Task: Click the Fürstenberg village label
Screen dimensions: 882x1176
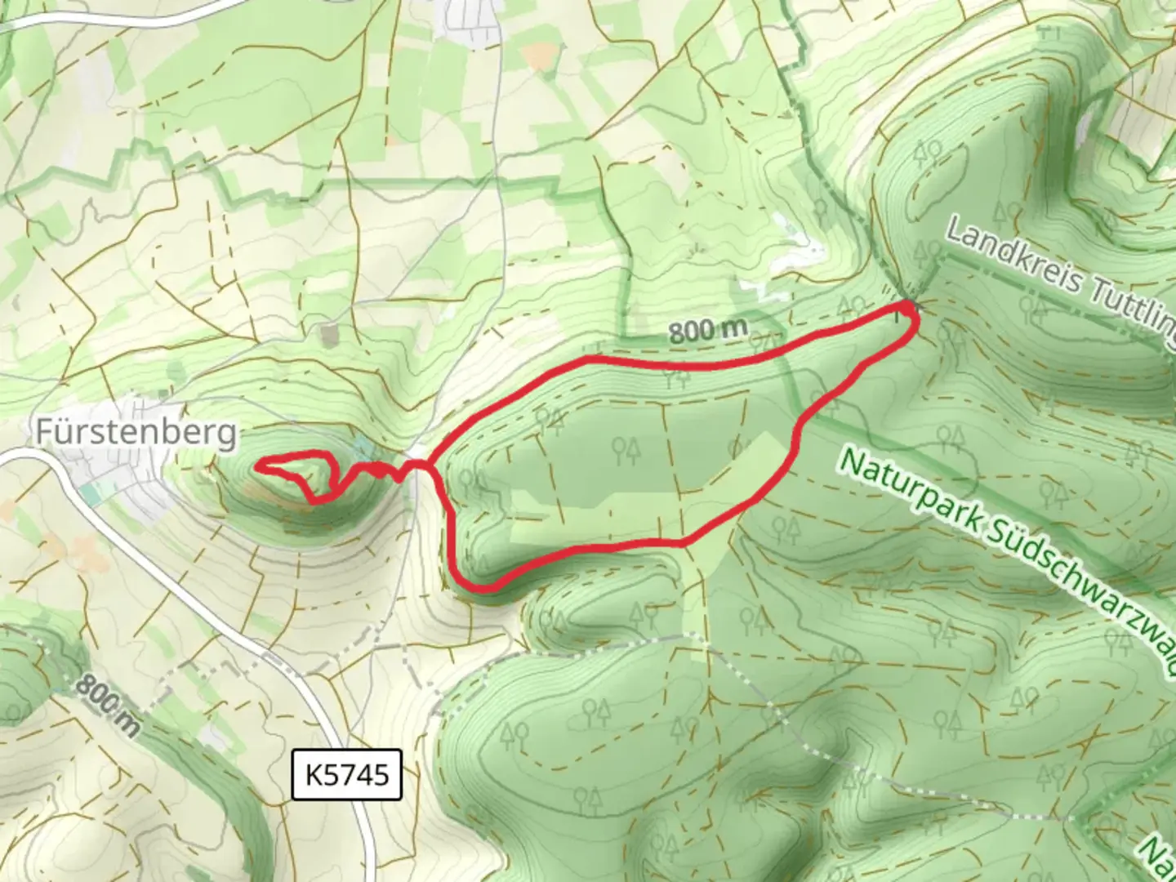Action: (136, 432)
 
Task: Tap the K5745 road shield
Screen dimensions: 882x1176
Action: (347, 773)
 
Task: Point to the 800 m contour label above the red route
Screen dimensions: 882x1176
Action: (708, 331)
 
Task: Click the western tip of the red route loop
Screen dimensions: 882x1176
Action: (258, 466)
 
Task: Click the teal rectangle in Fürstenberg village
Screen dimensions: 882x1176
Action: (90, 494)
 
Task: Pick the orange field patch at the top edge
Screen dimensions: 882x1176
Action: (537, 56)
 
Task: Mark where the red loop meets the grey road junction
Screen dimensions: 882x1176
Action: (418, 464)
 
